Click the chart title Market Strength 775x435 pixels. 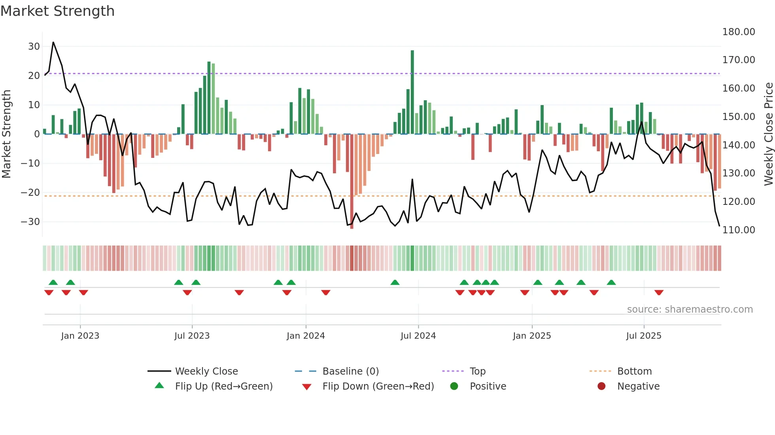tap(57, 11)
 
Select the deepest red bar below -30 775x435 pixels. tap(352, 182)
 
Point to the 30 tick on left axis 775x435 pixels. tap(34, 47)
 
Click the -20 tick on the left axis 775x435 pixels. tap(31, 193)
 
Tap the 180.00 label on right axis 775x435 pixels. tap(738, 32)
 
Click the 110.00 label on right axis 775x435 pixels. tap(738, 230)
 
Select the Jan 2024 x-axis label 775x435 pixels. tap(306, 336)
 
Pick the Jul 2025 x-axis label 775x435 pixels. tap(643, 336)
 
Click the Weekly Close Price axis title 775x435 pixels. tap(768, 134)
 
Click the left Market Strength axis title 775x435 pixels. tap(6, 134)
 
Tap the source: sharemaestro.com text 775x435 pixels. tap(690, 309)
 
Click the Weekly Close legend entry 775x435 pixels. tap(206, 371)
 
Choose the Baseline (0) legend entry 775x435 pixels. tap(350, 371)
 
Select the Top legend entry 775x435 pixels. tap(477, 371)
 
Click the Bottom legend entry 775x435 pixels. tap(634, 371)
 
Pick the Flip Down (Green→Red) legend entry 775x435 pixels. tap(378, 386)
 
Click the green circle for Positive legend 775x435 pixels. tap(454, 386)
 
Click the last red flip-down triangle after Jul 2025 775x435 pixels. tap(659, 292)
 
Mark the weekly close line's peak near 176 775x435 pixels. tap(53, 42)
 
